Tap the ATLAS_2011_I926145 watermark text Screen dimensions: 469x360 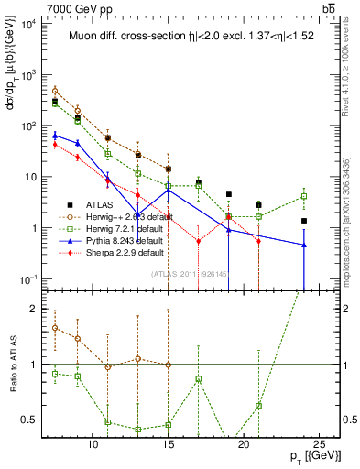coord(188,273)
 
